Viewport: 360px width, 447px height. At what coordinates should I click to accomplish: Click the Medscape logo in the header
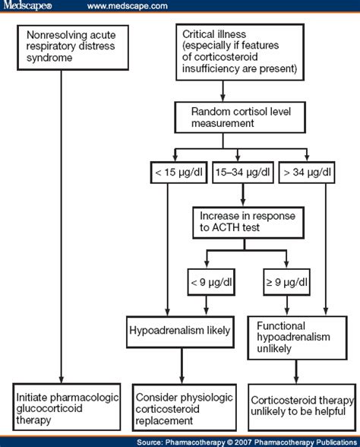point(27,5)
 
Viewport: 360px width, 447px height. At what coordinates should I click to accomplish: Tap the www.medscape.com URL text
point(128,6)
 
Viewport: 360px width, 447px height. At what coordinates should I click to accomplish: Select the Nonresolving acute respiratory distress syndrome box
point(73,48)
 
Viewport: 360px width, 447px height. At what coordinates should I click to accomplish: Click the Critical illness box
point(240,52)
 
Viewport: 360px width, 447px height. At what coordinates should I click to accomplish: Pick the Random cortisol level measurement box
point(240,117)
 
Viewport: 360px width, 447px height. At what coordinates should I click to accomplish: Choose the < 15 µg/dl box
point(179,172)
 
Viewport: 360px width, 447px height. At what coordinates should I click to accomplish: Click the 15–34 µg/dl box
point(243,172)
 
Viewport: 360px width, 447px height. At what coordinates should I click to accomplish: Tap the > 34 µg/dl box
point(307,172)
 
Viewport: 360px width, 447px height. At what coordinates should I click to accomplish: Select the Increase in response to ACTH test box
point(248,223)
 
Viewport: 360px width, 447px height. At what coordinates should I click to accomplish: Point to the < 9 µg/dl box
point(211,282)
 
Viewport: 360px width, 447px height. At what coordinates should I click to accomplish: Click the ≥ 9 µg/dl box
point(286,282)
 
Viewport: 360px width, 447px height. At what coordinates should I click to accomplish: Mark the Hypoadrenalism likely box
point(180,331)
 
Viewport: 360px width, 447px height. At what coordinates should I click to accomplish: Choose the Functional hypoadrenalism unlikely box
point(298,338)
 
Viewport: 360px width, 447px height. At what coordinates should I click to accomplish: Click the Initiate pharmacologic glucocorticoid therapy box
point(67,407)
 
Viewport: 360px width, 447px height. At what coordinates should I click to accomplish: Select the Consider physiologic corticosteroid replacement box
point(185,407)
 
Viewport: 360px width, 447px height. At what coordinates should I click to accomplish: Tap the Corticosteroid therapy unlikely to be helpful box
point(302,407)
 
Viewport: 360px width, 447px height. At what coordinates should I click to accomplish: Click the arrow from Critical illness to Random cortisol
point(223,91)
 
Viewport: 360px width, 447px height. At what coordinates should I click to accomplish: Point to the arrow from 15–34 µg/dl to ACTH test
point(243,195)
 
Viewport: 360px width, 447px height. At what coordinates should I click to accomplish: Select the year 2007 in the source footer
point(244,442)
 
